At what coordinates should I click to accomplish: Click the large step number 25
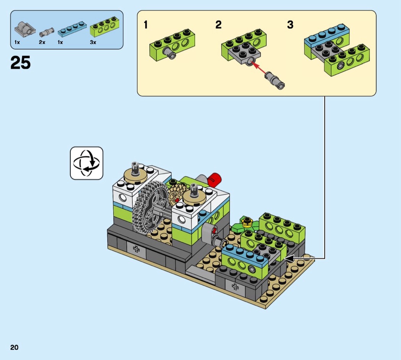[x=21, y=63]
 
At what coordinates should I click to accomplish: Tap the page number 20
[x=15, y=347]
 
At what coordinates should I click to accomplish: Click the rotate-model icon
[x=87, y=163]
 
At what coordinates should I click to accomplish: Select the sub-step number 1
[x=146, y=25]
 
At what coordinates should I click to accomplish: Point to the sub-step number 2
[x=218, y=25]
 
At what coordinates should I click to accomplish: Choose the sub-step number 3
[x=290, y=25]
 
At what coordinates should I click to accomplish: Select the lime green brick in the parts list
[x=103, y=27]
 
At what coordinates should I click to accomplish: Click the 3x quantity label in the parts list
[x=93, y=42]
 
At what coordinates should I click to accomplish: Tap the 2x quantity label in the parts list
[x=42, y=42]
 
